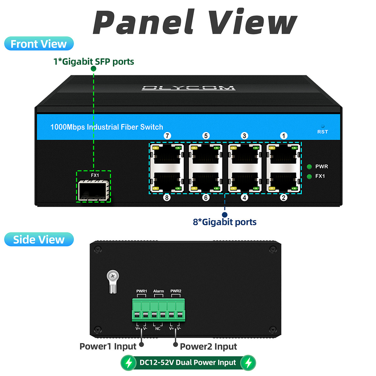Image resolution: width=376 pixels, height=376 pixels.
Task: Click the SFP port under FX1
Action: coord(93,190)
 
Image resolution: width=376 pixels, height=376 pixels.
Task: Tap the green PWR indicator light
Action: coord(309,167)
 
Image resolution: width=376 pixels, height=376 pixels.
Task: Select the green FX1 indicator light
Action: coord(309,177)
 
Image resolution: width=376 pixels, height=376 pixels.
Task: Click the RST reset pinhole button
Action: coord(323,126)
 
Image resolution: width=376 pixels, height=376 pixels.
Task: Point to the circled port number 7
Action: coord(167,136)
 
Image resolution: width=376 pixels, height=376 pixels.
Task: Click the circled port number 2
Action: coord(284,198)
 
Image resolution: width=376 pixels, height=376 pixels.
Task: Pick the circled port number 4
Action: coord(244,198)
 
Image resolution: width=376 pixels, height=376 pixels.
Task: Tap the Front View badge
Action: coord(39,44)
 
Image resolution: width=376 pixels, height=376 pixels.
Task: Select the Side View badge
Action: coord(39,239)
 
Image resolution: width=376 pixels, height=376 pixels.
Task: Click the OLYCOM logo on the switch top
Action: coord(188,88)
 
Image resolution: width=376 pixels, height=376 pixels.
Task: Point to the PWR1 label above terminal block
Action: coord(141,291)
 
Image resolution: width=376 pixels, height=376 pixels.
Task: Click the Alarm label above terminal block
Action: coord(159,291)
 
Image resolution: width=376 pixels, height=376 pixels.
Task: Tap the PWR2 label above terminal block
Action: coord(176,291)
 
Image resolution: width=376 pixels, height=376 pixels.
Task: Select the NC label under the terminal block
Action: coord(158,329)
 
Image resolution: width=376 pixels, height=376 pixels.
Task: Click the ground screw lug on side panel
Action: coord(113,281)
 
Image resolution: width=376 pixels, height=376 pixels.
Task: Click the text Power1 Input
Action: coord(108,346)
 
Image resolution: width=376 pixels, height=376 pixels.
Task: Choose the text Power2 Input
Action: coord(208,346)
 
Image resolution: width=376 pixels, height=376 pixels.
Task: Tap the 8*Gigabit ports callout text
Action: coord(225,222)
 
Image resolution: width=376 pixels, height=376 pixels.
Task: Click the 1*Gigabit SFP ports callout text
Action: coord(94,61)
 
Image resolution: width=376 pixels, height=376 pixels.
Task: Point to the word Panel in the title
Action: coord(144,22)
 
